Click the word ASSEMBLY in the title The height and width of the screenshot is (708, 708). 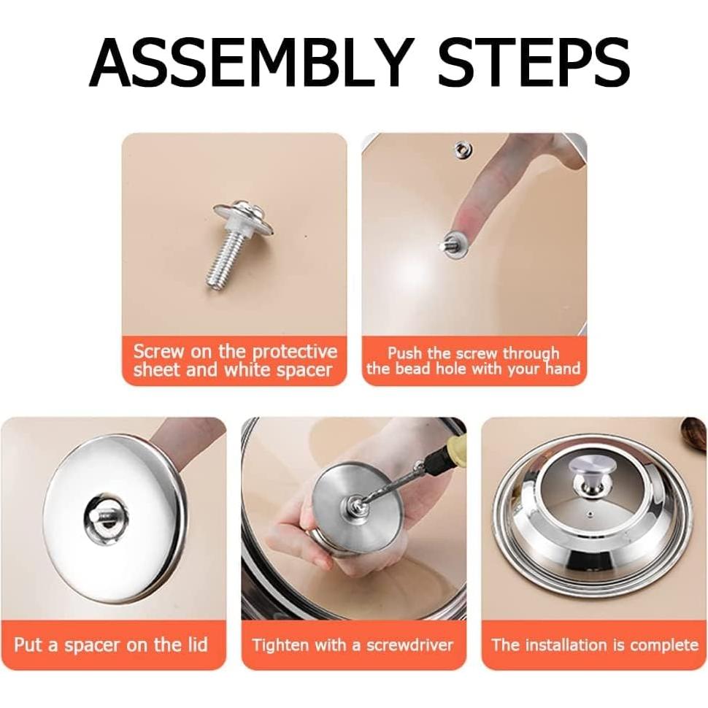click(252, 62)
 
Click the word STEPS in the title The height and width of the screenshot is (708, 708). click(534, 62)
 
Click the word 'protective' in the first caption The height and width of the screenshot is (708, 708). click(294, 351)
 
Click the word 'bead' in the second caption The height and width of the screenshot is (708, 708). click(409, 369)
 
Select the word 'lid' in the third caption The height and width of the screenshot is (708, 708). click(197, 644)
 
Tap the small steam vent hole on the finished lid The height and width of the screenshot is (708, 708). click(589, 515)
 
